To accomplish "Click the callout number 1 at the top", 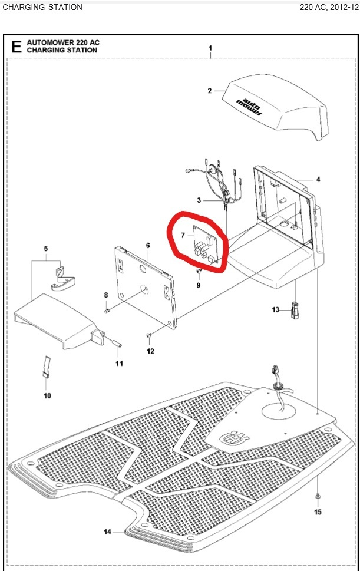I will tap(210, 47).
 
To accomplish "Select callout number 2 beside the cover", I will tap(209, 91).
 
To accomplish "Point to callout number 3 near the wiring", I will tap(199, 201).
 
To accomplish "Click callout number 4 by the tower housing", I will tap(318, 179).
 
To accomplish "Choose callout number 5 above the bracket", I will tap(47, 247).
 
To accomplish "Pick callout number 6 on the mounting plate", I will tap(148, 245).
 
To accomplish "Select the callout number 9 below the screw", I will tap(199, 285).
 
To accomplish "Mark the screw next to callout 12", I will tap(148, 336).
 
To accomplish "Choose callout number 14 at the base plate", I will tap(107, 532).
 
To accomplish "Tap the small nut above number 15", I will tap(318, 497).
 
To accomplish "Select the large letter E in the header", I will tap(16, 47).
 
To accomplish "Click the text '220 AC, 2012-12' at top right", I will tap(328, 8).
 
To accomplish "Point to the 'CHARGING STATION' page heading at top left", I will tap(42, 8).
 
